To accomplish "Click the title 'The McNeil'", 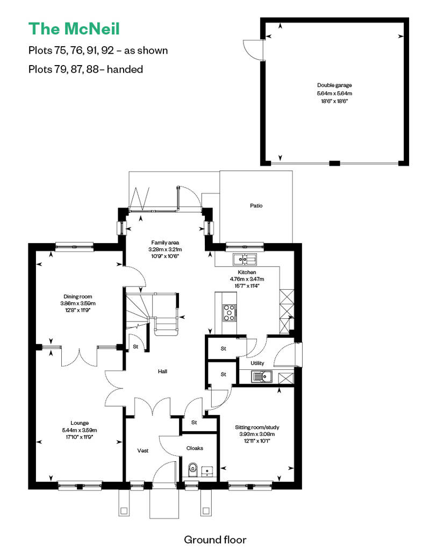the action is coord(74,29).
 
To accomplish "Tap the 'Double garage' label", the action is coord(334,85).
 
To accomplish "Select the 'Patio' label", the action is coord(256,206).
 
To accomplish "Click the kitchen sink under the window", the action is coord(245,259).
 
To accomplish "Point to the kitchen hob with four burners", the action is coord(229,313).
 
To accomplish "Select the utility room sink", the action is coord(261,376).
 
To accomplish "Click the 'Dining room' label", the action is coord(78,297).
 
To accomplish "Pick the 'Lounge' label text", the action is coord(80,423).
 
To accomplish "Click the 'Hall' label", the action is coord(163,371).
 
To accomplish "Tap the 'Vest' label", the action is coord(143,451).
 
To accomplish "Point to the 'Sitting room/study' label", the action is coord(257,427).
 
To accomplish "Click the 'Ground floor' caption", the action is coord(215,540).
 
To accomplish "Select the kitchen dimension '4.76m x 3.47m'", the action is coord(247,279).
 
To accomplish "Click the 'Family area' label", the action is coord(165,242).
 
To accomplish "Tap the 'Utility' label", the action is coord(257,363).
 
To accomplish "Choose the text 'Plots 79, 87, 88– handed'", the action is coord(85,69).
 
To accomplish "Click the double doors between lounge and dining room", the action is coord(79,356).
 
